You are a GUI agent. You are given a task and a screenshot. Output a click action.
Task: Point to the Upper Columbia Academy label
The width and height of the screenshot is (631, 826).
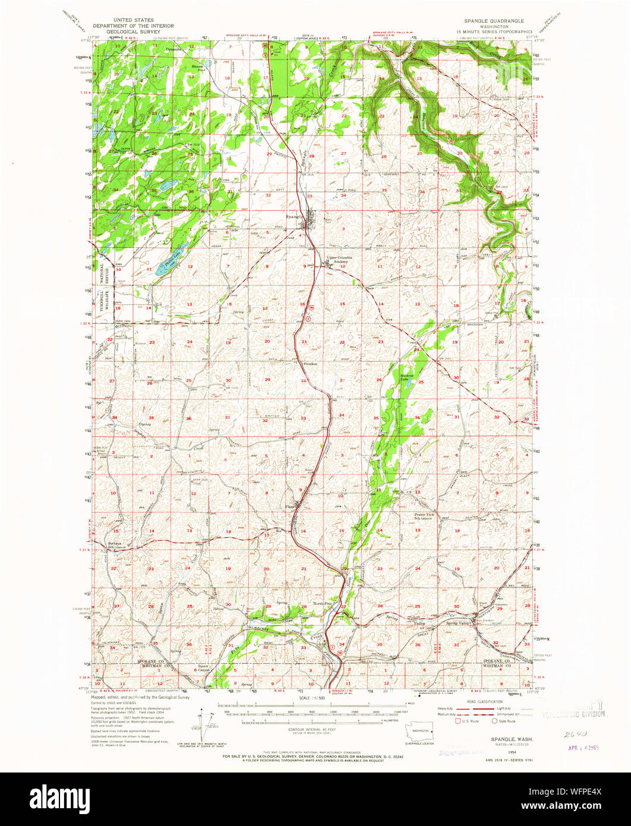pos(339,259)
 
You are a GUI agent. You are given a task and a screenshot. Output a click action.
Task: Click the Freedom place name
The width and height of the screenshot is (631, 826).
pos(311,364)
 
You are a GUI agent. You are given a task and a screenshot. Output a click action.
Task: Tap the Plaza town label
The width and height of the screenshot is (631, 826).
pos(290,506)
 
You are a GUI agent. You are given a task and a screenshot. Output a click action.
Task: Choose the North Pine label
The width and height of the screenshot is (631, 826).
pos(324,604)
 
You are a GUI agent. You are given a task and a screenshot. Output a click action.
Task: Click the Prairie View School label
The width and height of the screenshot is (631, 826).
pos(425,516)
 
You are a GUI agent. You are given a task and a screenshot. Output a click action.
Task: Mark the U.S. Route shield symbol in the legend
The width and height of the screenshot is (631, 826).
pos(457,721)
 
